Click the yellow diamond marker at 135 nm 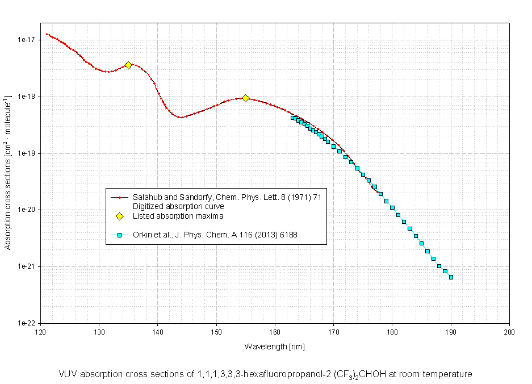(x=128, y=65)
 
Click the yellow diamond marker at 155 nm (x=246, y=98)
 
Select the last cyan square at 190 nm (x=451, y=277)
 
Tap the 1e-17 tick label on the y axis (x=27, y=40)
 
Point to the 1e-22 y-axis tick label (x=27, y=323)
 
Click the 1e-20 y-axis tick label (x=27, y=210)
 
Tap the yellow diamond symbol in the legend (x=120, y=216)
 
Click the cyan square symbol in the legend (x=120, y=234)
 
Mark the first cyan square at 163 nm (x=293, y=118)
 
